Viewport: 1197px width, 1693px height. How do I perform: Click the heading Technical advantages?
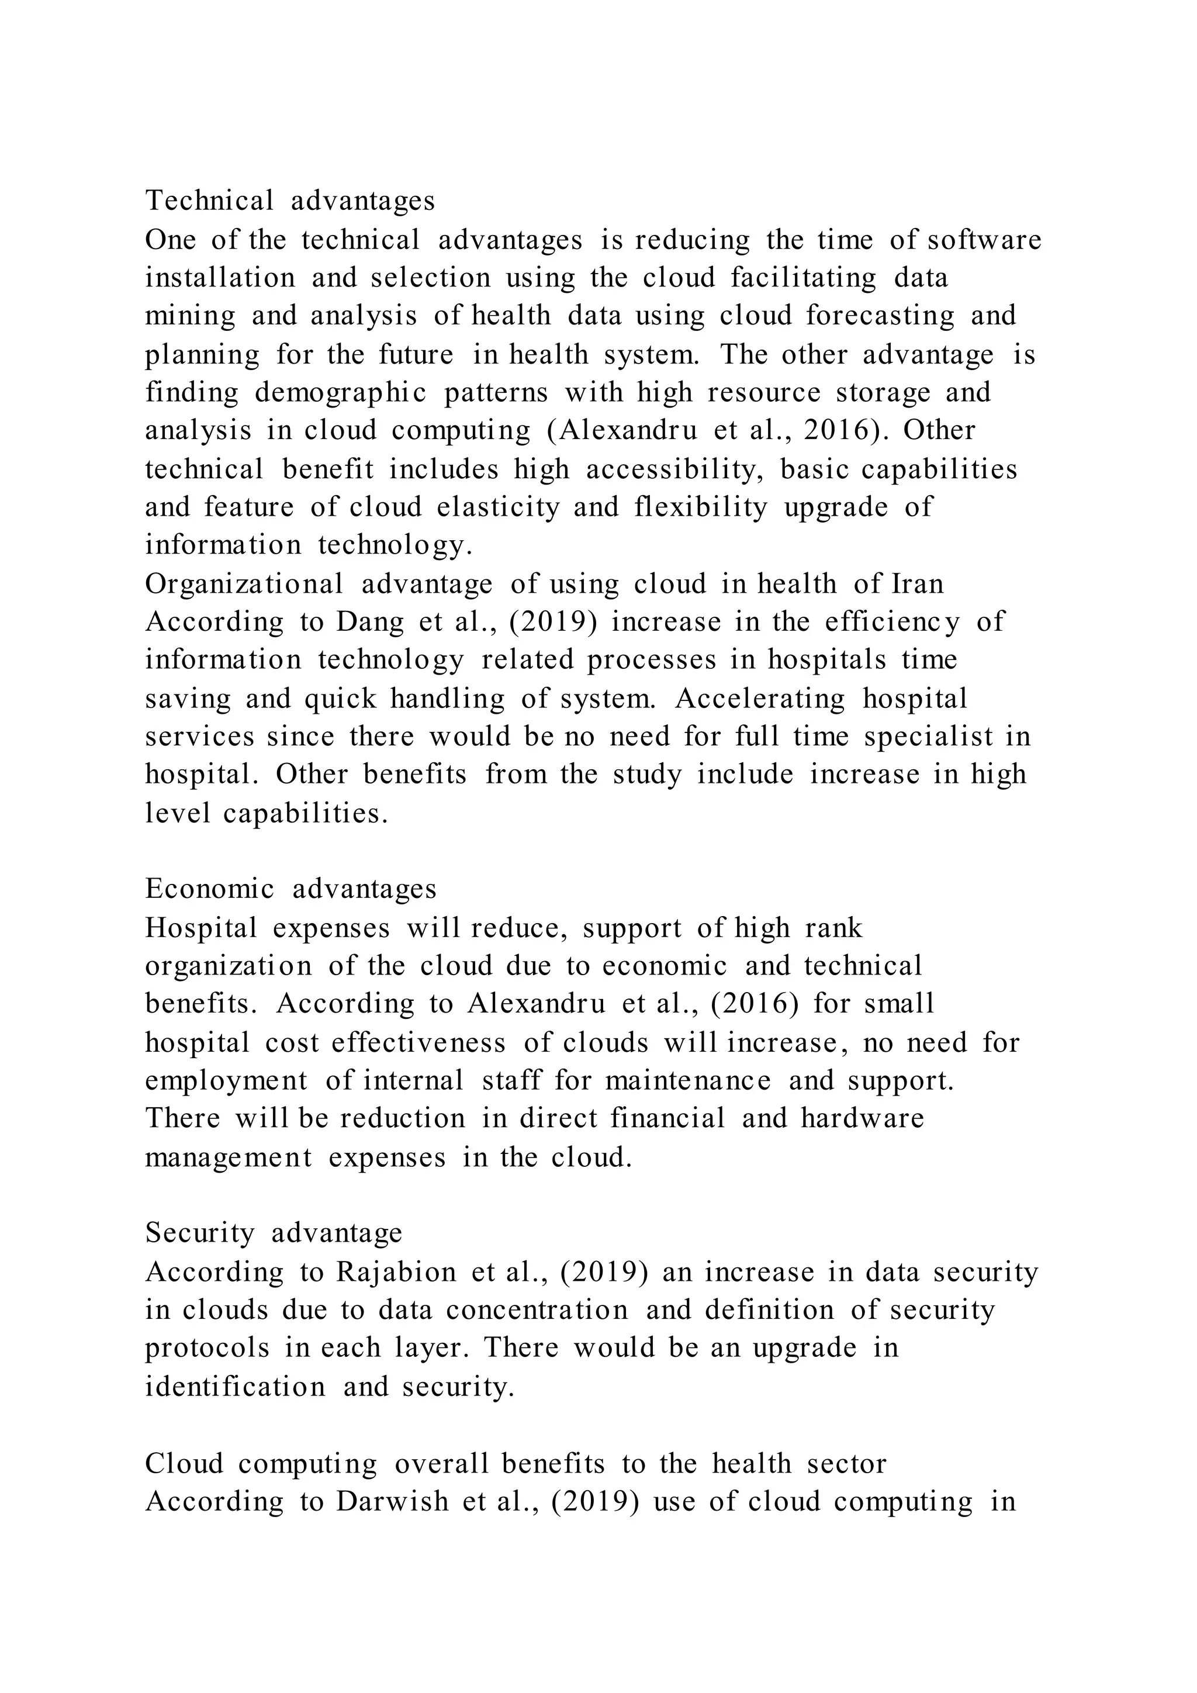[290, 201]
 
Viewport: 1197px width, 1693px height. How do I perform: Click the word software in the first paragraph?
[984, 240]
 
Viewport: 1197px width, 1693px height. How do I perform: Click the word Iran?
[918, 584]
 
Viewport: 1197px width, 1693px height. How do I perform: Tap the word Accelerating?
[759, 698]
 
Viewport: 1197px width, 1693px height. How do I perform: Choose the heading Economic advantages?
[291, 889]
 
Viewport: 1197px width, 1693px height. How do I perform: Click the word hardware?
[862, 1118]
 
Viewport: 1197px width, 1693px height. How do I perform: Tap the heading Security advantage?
[274, 1234]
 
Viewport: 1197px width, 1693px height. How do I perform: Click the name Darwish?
[392, 1501]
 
